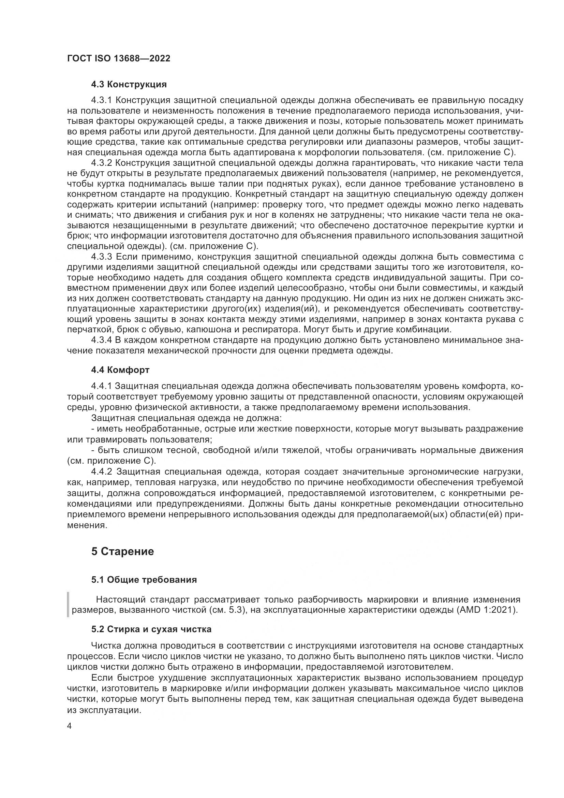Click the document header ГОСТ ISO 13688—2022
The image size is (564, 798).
coord(118,58)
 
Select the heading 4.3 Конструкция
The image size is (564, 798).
coord(129,85)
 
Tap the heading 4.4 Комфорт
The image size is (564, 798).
coord(120,370)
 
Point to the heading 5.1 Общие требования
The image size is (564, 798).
coord(144,580)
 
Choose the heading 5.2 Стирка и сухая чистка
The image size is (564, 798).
coord(151,629)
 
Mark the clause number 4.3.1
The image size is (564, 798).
coord(101,100)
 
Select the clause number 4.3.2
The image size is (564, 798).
coord(101,163)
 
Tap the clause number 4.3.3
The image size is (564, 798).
coord(101,257)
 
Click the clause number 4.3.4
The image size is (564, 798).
coord(101,340)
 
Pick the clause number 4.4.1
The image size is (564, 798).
coord(101,386)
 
